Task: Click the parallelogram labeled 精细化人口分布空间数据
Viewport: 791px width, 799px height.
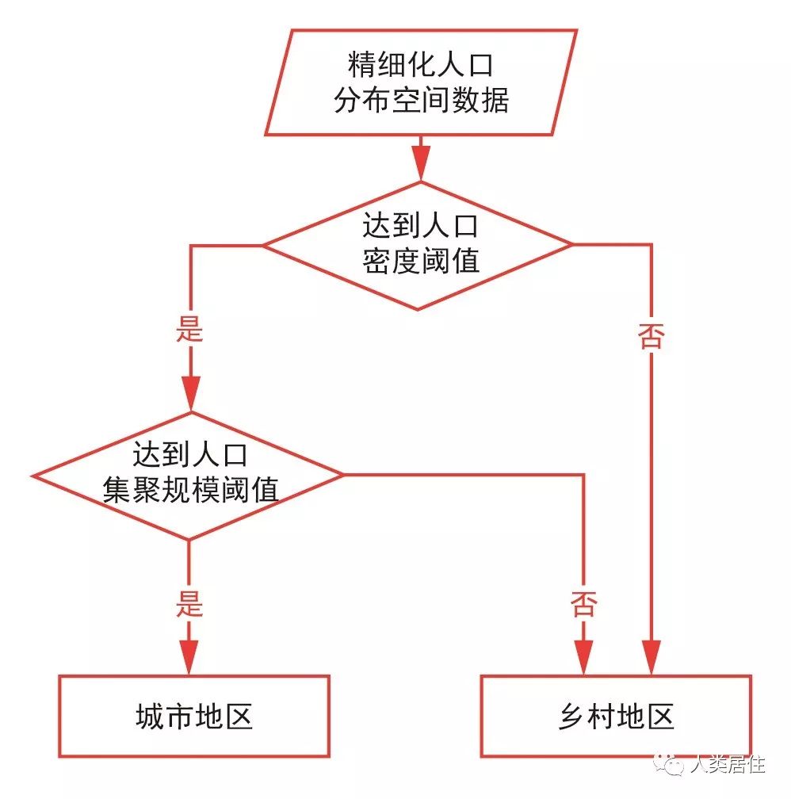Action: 420,82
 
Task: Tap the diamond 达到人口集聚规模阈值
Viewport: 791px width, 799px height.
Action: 189,476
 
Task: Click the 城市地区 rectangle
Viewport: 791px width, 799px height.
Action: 194,717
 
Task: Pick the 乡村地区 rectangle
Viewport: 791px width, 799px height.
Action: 616,717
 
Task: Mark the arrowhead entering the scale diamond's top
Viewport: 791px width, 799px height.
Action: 190,393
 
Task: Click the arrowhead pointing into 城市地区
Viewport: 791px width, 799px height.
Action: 190,657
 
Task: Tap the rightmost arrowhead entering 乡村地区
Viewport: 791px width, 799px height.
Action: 652,657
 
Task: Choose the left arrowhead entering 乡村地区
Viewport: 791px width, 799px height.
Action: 584,657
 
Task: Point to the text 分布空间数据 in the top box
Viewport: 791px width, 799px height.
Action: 420,101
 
